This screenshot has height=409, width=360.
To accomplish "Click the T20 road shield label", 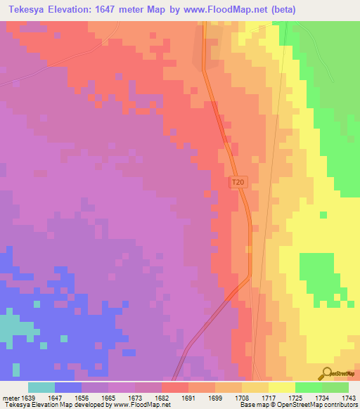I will [x=239, y=182].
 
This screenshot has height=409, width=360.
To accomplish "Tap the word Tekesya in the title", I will [x=25, y=10].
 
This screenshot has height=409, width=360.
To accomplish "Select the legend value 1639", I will [x=28, y=397].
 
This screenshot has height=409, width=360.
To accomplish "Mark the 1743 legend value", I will [x=349, y=397].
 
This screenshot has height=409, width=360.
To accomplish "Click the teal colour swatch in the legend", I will [x=41, y=387].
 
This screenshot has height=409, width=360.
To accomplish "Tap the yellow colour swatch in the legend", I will [x=282, y=387].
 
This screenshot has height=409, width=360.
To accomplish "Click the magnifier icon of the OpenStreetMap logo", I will [x=326, y=373].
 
